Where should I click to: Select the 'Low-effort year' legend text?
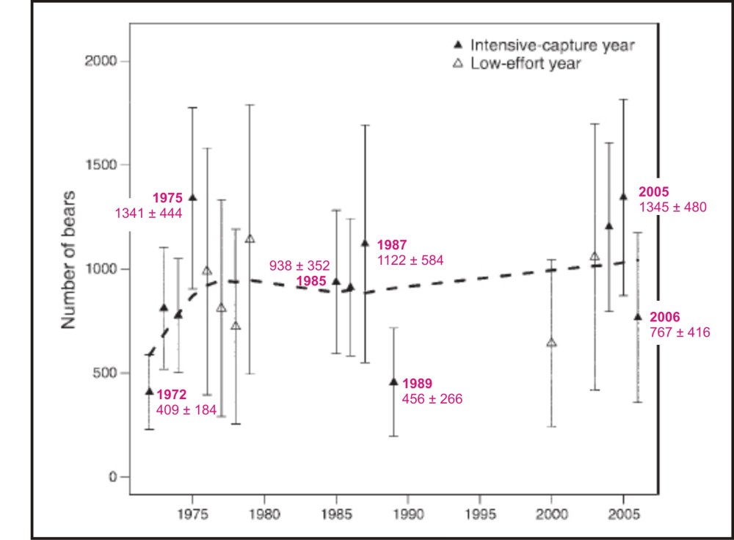tap(526, 64)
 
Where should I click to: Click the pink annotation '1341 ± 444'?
tap(148, 213)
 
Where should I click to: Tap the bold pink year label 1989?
tap(417, 383)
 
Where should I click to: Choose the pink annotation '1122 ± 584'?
tap(410, 260)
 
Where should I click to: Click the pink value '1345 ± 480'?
tap(673, 207)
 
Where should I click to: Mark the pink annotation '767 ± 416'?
tap(680, 332)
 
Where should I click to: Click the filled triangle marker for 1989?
tap(393, 382)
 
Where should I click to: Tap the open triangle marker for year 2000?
tap(552, 343)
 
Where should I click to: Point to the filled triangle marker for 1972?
tap(150, 391)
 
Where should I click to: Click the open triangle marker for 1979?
tap(250, 238)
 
